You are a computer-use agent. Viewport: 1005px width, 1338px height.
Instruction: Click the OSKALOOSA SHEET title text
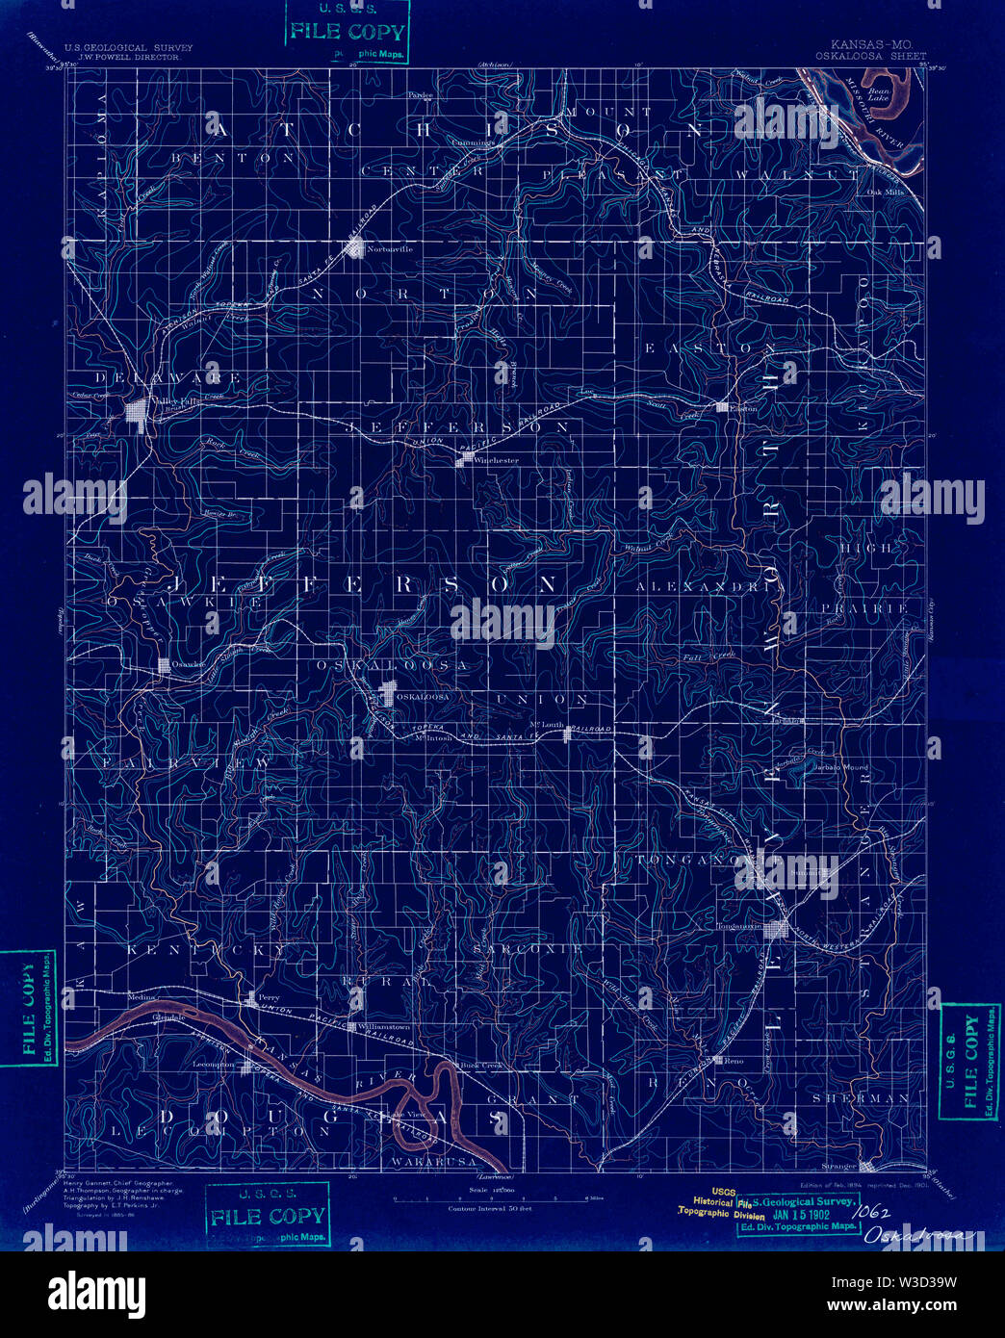point(870,56)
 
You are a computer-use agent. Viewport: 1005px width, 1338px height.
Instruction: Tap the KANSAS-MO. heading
point(870,45)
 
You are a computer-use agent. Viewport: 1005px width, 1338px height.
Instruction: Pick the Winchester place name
point(494,460)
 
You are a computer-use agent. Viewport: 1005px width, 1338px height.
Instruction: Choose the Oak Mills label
point(887,192)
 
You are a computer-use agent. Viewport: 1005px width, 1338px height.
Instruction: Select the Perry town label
point(269,997)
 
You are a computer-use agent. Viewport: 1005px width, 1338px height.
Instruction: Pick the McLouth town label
point(546,725)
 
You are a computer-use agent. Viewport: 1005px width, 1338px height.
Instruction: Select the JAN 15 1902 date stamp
point(795,1214)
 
